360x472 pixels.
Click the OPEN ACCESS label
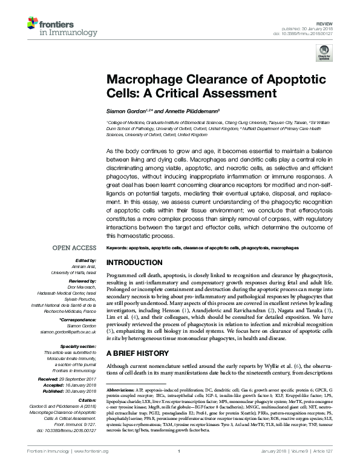[x=73, y=248]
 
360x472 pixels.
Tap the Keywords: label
[x=118, y=248]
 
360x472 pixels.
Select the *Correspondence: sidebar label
[x=78, y=321]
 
